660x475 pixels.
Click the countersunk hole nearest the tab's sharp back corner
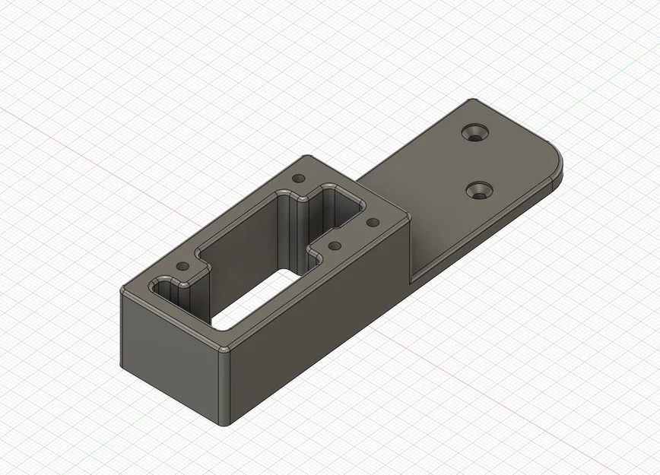(x=478, y=133)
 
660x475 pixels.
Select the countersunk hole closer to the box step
(x=480, y=190)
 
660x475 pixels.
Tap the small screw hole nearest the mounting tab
(x=373, y=223)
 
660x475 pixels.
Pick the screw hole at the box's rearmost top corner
(x=299, y=179)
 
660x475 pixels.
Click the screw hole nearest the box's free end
(x=182, y=268)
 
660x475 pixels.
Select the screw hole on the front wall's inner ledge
(x=333, y=246)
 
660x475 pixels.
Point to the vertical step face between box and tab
(x=411, y=243)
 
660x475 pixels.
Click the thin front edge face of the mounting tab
(x=487, y=228)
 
